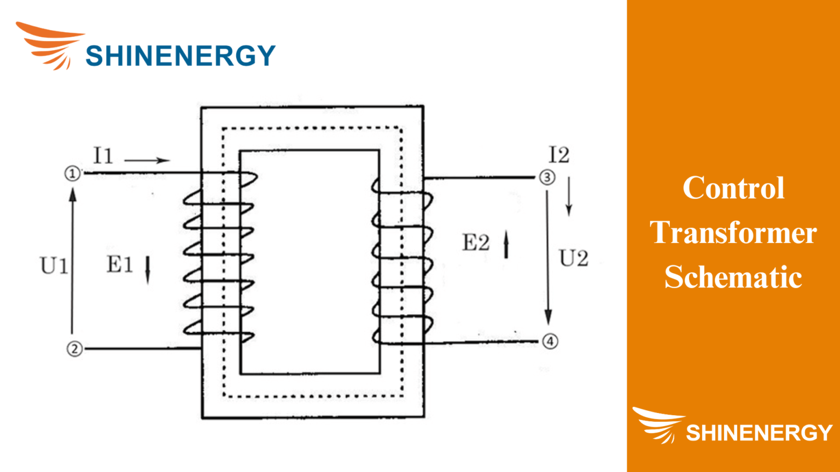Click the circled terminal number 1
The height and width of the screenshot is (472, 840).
click(73, 174)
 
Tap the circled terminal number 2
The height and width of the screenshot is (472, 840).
click(75, 349)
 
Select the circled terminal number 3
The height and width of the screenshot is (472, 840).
click(547, 177)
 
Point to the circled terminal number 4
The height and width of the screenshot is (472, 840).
click(550, 341)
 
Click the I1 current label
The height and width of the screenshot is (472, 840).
click(103, 156)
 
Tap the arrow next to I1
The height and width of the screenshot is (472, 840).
click(147, 160)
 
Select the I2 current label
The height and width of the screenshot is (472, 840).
click(559, 155)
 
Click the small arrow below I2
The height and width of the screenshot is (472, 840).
click(569, 196)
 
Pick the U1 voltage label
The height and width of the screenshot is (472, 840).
click(54, 266)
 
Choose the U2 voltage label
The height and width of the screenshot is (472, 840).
click(574, 258)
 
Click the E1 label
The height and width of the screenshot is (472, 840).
click(120, 265)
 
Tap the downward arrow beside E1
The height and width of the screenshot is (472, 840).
click(147, 269)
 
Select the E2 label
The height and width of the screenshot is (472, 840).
click(476, 243)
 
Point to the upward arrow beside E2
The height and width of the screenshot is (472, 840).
click(506, 244)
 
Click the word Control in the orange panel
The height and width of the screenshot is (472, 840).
click(733, 188)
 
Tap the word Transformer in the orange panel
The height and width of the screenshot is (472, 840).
click(733, 233)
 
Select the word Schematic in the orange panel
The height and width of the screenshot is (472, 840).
click(733, 277)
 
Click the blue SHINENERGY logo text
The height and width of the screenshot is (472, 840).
click(180, 56)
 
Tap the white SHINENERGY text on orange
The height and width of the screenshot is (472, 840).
click(759, 433)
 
